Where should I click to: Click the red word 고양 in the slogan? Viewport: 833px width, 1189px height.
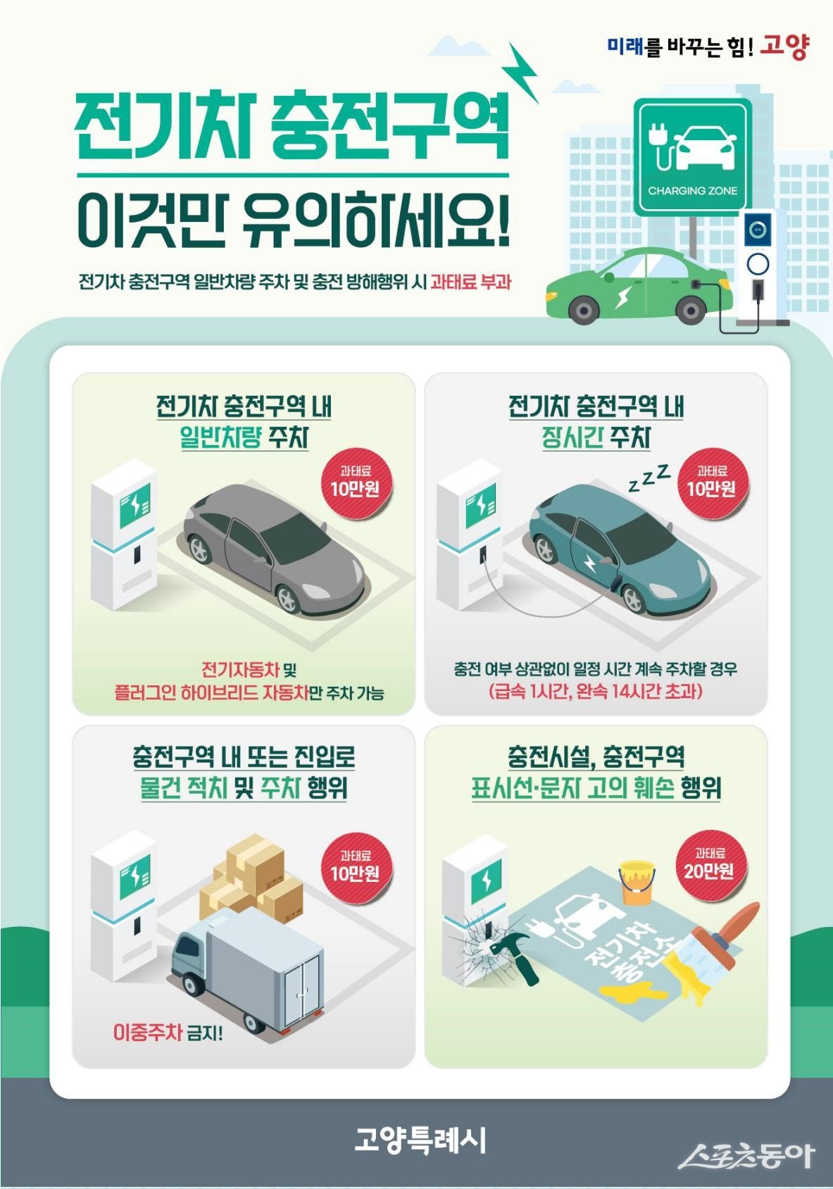[x=784, y=48]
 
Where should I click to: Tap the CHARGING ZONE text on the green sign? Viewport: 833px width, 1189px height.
[x=692, y=191]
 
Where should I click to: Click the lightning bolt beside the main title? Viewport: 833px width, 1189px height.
[x=522, y=72]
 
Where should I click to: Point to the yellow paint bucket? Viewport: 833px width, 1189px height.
[x=636, y=882]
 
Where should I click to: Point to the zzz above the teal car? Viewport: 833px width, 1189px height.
[x=649, y=477]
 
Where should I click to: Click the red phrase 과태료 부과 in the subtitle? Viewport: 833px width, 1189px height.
[x=470, y=281]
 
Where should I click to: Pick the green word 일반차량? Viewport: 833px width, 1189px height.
[x=220, y=438]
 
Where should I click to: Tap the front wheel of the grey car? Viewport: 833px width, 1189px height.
[x=288, y=599]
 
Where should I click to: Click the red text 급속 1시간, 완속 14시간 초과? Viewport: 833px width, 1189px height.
[x=595, y=692]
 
